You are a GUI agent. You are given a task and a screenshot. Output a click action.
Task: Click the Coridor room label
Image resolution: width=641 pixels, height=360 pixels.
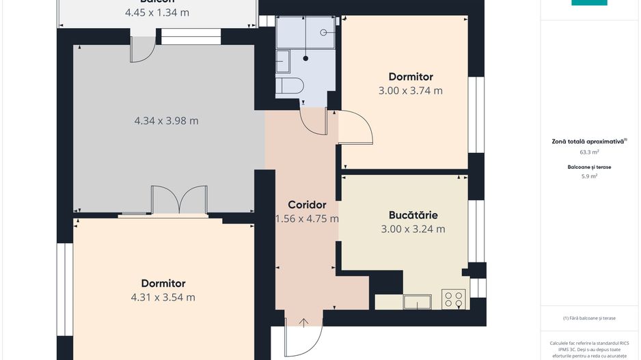[x=307, y=204]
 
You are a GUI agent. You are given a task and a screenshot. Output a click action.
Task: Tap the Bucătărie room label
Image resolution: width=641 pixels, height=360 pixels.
[x=413, y=214]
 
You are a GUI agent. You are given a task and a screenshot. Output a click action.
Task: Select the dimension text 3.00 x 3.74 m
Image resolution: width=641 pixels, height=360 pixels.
[x=411, y=90]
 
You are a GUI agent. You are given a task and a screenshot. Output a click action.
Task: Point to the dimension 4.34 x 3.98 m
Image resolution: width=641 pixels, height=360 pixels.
[x=166, y=121]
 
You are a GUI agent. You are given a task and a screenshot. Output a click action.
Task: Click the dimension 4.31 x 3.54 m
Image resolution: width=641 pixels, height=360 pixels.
[x=163, y=297]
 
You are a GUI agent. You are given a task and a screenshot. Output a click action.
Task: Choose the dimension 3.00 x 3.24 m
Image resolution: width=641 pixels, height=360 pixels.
[x=413, y=230]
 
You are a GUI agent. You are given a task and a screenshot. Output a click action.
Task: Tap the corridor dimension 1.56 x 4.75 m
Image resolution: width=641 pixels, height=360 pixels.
[x=307, y=219]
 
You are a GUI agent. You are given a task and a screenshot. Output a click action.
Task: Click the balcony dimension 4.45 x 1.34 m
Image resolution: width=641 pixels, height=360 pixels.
[x=157, y=12]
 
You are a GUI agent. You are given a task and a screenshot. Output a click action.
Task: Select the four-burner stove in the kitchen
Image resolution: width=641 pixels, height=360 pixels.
[x=454, y=299]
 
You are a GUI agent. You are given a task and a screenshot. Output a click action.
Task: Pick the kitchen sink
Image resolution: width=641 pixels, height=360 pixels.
[x=417, y=301]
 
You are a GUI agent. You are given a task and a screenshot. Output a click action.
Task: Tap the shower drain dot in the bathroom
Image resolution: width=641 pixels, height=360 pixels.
[x=305, y=58]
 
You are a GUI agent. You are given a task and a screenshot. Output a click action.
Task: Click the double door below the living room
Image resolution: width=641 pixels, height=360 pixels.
[x=178, y=200]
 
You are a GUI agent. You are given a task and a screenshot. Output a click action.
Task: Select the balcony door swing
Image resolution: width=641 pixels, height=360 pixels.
[x=143, y=50]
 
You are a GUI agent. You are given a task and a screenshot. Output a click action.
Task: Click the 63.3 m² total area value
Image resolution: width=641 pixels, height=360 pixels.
[x=589, y=152]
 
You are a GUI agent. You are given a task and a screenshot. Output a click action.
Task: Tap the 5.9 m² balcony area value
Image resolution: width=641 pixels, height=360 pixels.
[x=589, y=176]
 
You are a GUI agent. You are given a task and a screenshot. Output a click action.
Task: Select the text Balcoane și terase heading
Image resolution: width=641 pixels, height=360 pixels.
[x=589, y=166]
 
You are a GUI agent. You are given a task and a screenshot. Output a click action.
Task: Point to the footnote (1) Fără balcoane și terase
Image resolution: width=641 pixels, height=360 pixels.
[x=589, y=318]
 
